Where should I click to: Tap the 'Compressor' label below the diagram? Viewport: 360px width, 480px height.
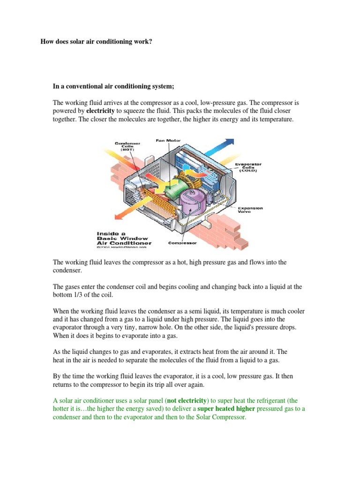[182, 243]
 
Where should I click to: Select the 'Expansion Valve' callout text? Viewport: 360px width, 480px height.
[250, 209]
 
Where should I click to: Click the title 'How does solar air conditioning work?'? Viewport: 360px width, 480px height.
[97, 42]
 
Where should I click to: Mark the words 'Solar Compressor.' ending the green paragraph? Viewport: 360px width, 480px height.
[220, 417]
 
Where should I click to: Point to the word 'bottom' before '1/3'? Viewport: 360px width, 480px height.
[63, 294]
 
